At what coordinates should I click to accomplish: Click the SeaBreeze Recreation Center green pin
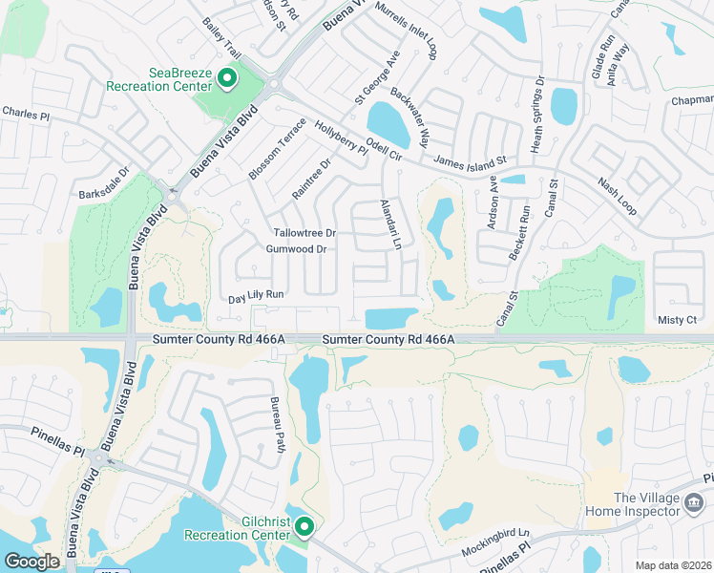227,77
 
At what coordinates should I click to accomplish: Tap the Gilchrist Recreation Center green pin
304,526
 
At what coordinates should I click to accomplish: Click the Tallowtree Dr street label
304,233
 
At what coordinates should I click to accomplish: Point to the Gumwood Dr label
296,249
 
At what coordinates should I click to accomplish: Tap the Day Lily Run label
256,297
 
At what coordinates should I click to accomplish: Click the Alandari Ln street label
389,224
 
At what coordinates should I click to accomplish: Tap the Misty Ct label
678,320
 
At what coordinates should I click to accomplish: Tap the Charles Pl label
26,114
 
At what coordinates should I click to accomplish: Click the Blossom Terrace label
277,148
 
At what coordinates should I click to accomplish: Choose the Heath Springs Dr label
537,109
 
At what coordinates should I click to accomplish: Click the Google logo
31,562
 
